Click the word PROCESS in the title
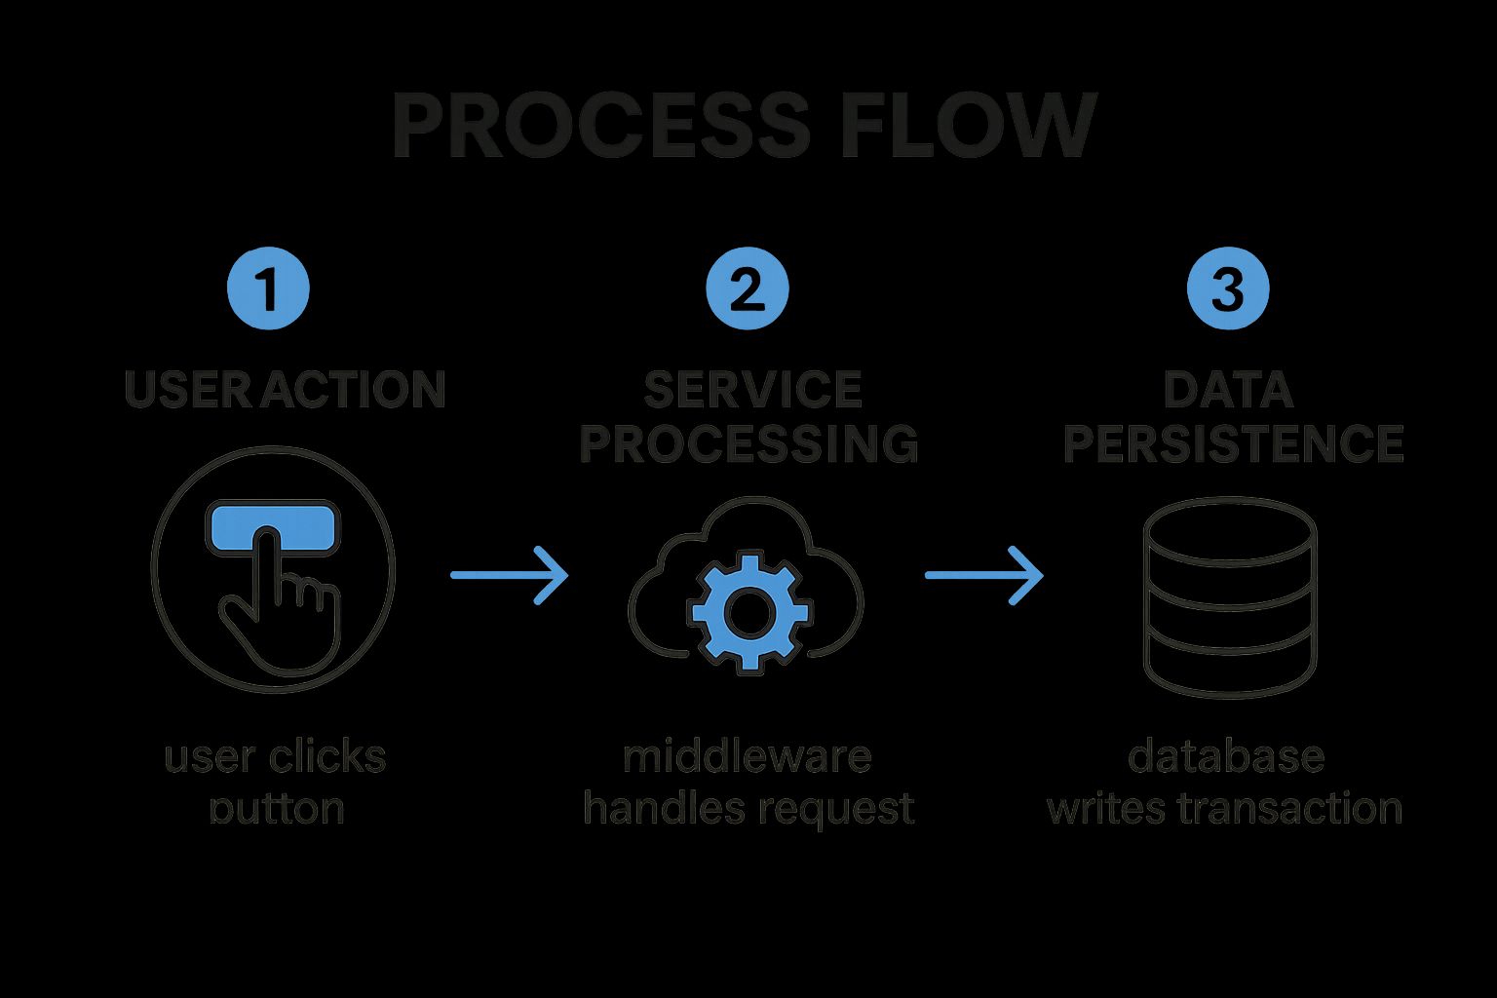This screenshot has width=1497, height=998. pos(599,128)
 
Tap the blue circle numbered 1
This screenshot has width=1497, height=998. pos(268,289)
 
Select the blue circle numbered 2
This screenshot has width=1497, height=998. pos(748,289)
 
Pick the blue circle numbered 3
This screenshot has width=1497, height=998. pos(1228,289)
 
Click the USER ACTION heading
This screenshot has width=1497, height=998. pos(285,390)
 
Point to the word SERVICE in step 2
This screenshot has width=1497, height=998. pos(752,390)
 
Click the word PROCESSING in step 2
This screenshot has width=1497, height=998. pos(748,443)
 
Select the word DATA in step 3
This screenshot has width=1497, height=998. pos(1228,390)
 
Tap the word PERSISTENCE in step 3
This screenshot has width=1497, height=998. pos(1233,443)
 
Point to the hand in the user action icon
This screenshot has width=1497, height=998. pos(283,604)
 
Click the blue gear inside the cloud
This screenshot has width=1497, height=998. pos(748,610)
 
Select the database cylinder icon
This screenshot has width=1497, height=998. pos(1229,596)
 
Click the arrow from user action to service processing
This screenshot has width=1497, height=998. pos(509,576)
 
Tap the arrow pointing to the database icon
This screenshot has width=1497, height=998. pos(983,576)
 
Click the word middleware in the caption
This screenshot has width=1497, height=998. pos(747,757)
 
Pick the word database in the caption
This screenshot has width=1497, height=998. pos(1226,757)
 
